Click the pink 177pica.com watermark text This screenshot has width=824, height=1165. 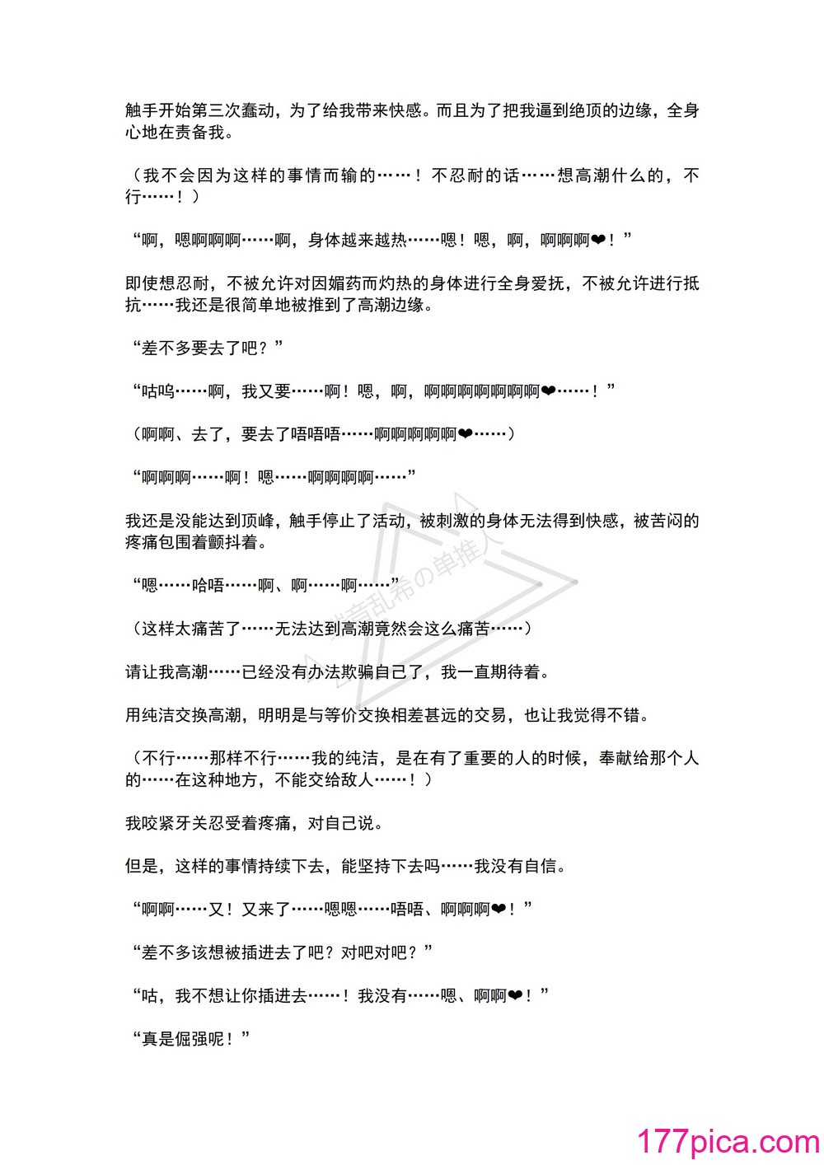pos(728,1141)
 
